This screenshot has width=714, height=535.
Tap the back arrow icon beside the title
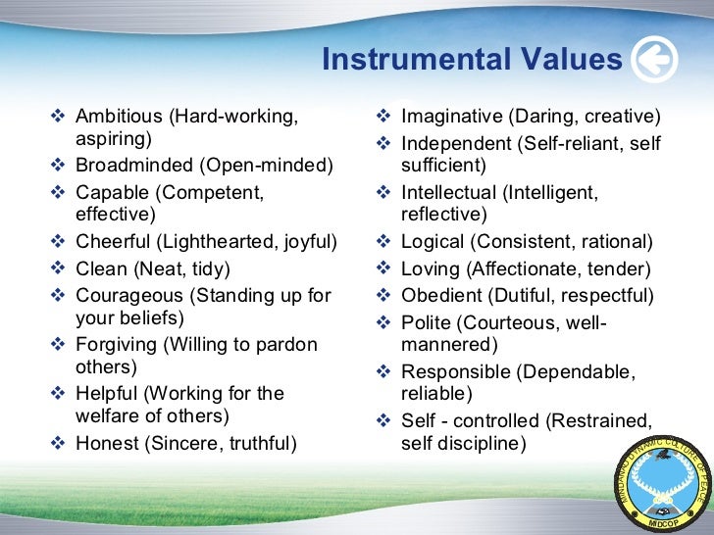click(x=653, y=60)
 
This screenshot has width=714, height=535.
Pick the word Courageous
click(x=128, y=295)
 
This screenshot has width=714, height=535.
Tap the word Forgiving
click(x=116, y=344)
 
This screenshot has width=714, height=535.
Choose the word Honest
click(x=106, y=444)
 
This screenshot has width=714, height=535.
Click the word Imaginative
click(x=452, y=116)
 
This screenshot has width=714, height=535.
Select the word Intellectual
click(x=450, y=193)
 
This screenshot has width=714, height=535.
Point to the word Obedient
click(x=440, y=295)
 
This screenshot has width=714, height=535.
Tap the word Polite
click(x=426, y=321)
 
